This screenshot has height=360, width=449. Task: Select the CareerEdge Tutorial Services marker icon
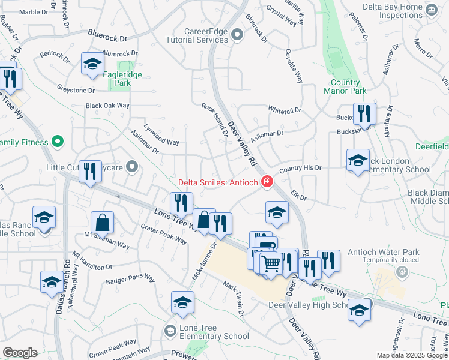[237, 35]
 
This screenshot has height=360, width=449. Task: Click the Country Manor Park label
[345, 86]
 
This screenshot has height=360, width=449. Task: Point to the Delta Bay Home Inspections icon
[430, 10]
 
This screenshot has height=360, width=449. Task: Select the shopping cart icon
[271, 262]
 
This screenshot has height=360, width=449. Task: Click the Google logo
[20, 353]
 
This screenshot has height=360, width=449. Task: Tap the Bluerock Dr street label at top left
[108, 37]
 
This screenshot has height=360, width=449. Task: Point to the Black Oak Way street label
[107, 106]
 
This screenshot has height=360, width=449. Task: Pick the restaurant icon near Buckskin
[364, 113]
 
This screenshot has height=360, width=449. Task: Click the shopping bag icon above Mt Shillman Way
[103, 222]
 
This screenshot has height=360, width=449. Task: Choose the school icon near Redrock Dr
[92, 64]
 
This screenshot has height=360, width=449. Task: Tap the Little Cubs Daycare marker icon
[133, 167]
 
